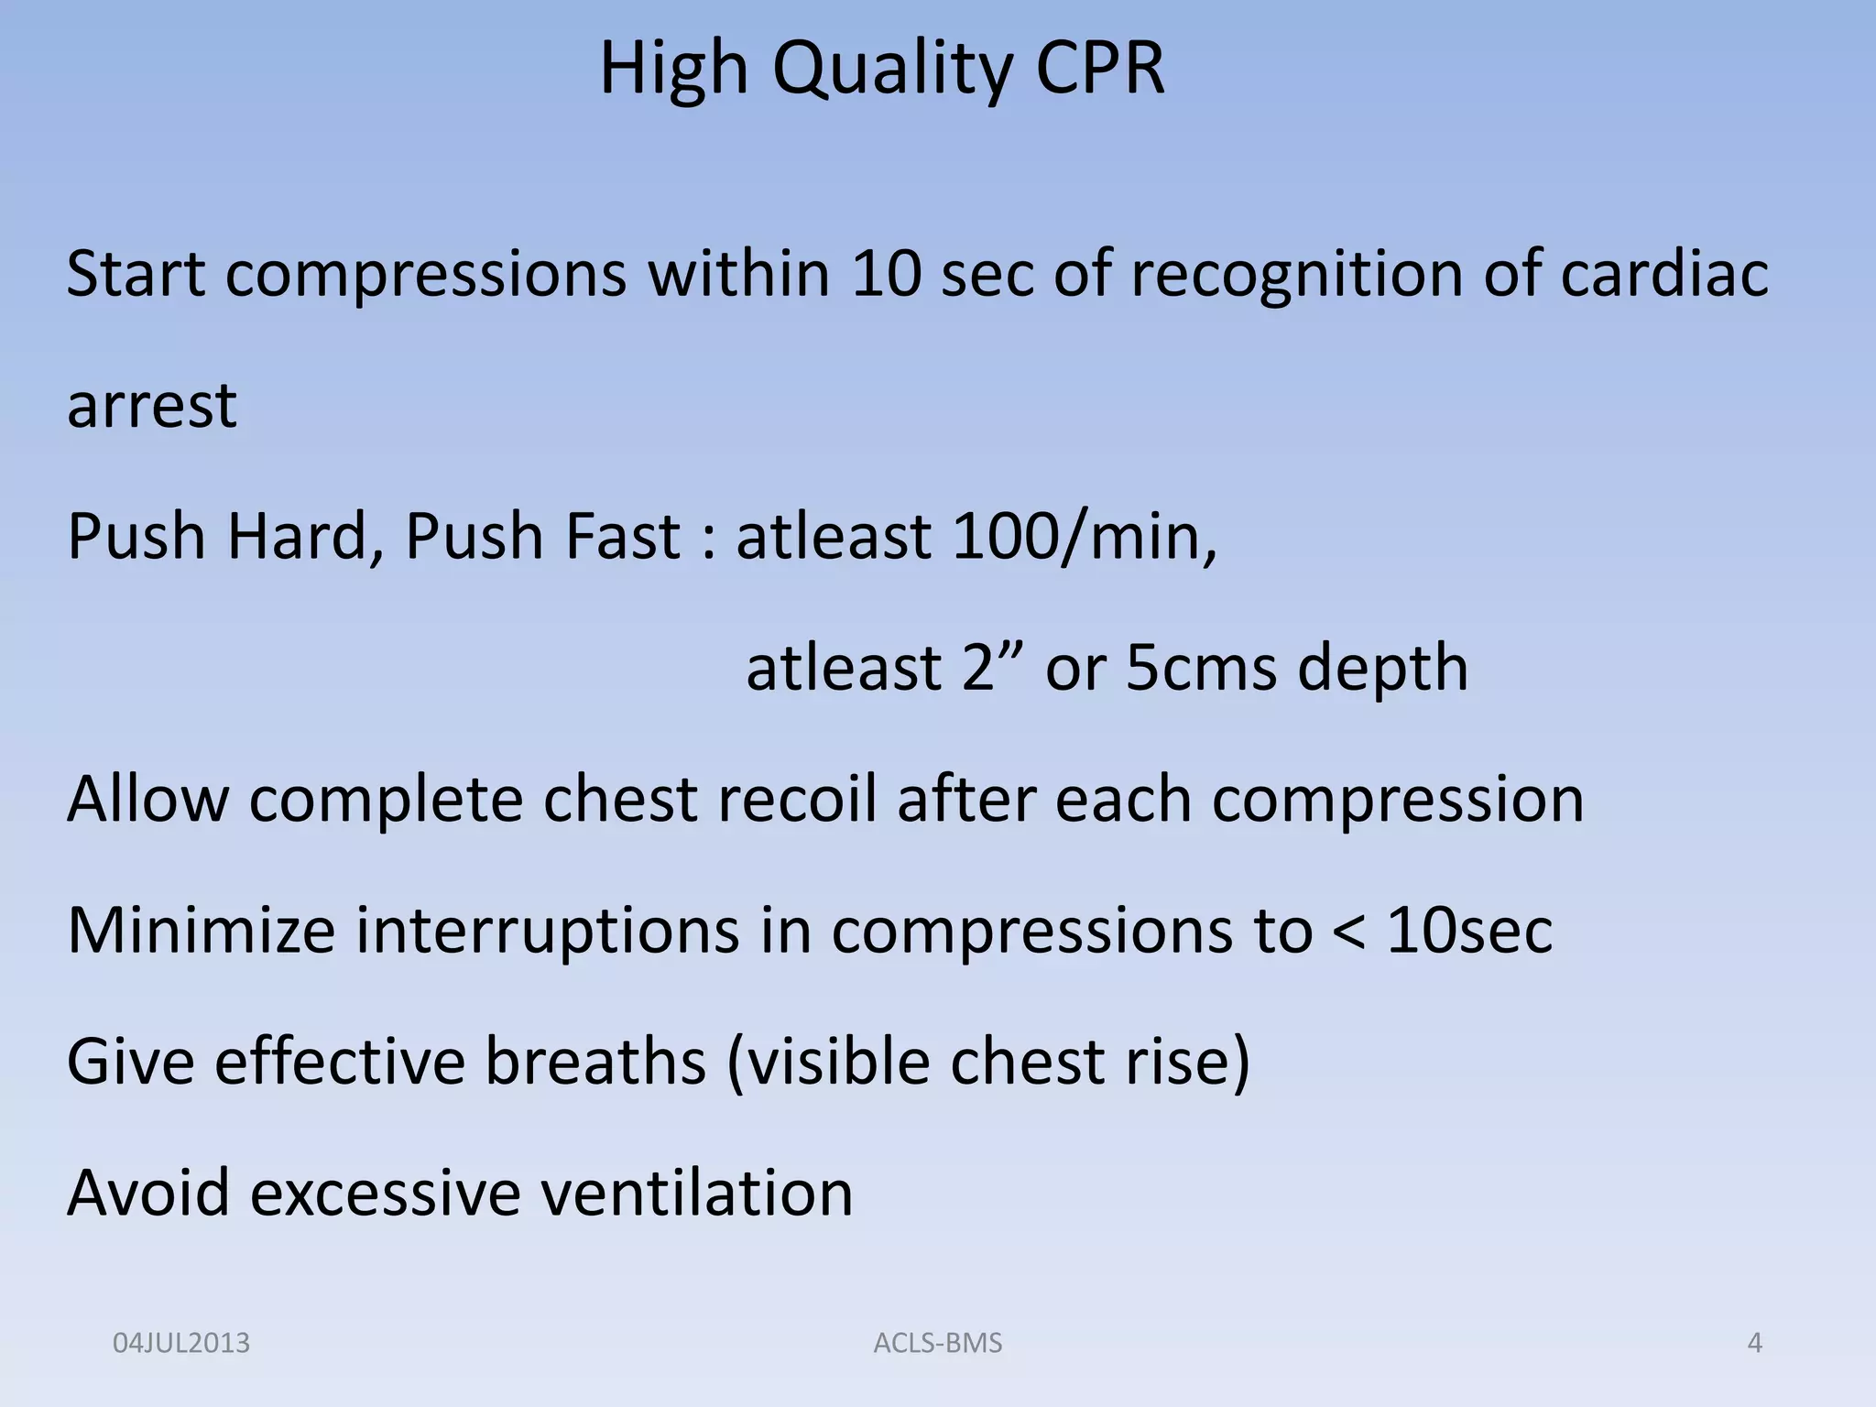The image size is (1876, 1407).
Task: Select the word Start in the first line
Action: tap(136, 274)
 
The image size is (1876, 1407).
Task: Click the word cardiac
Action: tap(1664, 274)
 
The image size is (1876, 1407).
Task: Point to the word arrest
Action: tap(152, 405)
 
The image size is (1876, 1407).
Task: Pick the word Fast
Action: tap(622, 537)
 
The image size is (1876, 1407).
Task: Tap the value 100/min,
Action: tap(1085, 537)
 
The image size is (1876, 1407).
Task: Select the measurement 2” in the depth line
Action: tap(992, 668)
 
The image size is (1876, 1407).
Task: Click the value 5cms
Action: tap(1201, 668)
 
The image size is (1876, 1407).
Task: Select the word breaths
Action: tap(595, 1062)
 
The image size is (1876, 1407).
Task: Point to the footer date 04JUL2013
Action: tap(181, 1344)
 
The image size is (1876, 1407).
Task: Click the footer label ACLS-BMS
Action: tap(938, 1344)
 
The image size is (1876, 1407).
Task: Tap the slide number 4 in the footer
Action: tap(1755, 1344)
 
